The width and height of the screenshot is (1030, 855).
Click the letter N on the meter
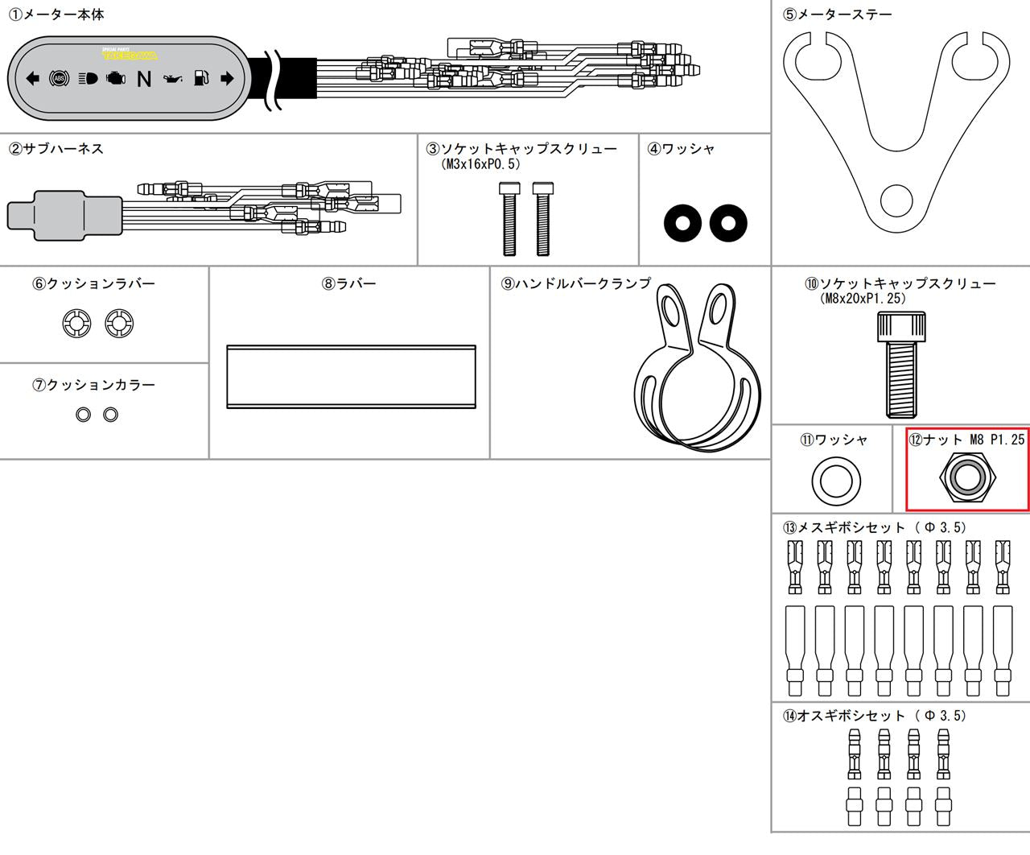pyautogui.click(x=144, y=79)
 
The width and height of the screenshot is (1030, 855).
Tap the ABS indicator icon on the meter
pyautogui.click(x=60, y=78)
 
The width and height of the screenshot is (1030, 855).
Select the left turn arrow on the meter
pyautogui.click(x=32, y=78)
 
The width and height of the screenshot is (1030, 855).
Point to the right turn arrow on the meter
pyautogui.click(x=227, y=78)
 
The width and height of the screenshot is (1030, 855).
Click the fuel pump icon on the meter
pyautogui.click(x=201, y=77)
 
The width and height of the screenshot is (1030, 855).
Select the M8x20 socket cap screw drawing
pyautogui.click(x=902, y=365)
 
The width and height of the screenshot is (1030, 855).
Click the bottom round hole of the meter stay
pyautogui.click(x=896, y=200)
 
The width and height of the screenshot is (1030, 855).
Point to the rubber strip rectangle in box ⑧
pyautogui.click(x=351, y=377)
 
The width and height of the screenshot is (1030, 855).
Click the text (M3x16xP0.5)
pyautogui.click(x=480, y=164)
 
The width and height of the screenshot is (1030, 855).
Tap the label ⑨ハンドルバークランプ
pyautogui.click(x=576, y=283)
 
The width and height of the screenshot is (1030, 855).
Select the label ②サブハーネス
pyautogui.click(x=56, y=149)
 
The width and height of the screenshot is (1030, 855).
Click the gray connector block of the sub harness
pyautogui.click(x=64, y=216)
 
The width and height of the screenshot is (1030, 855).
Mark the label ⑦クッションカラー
pyautogui.click(x=93, y=385)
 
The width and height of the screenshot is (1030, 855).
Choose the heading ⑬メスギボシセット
pyautogui.click(x=843, y=527)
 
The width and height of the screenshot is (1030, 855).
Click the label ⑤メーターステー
pyautogui.click(x=837, y=14)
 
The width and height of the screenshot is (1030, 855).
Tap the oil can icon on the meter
pyautogui.click(x=173, y=78)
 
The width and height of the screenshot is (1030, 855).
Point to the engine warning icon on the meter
pyautogui.click(x=116, y=78)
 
